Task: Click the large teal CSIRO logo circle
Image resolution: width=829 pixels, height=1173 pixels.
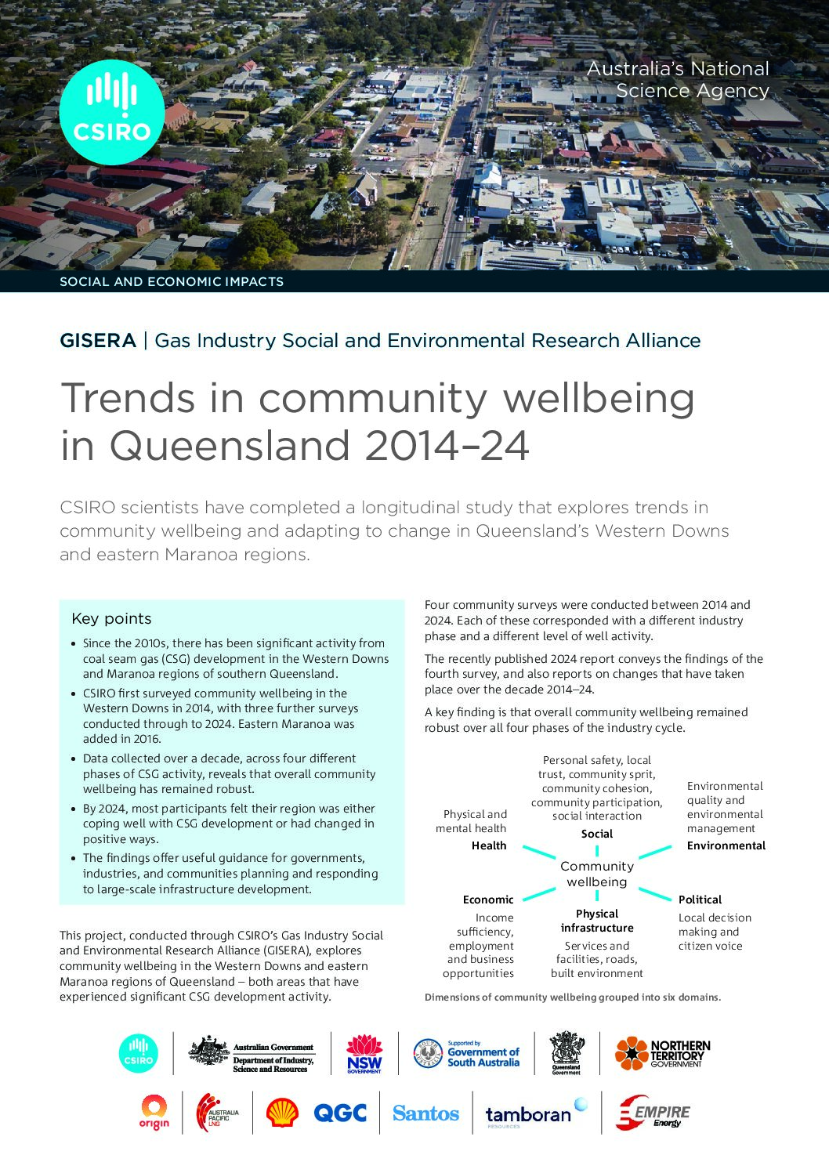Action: point(112,112)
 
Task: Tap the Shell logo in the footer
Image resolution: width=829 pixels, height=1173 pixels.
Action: point(282,1112)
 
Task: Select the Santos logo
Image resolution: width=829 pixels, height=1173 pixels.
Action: point(425,1113)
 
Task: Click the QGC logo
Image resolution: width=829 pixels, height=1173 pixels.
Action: point(339,1113)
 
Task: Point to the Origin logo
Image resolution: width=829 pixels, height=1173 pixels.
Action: point(154,1113)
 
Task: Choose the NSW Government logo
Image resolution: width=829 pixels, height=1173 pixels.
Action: point(364,1053)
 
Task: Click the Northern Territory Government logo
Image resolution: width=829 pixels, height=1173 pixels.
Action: point(662,1053)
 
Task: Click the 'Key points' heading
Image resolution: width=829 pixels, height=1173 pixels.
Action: point(111,618)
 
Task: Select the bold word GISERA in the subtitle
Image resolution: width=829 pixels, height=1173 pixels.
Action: point(98,341)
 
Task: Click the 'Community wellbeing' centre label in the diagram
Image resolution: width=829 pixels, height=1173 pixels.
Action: point(597,874)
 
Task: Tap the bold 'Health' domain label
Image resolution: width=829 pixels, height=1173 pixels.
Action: point(489,845)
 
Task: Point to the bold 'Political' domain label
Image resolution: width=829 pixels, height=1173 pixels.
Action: point(700,900)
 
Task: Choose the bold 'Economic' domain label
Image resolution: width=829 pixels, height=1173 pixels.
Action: point(488,900)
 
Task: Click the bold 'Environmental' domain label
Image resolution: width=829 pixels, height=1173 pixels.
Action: point(726,845)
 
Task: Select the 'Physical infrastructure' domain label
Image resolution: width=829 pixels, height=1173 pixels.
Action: point(597,921)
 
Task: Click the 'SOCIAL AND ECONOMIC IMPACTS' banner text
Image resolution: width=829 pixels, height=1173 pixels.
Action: point(172,281)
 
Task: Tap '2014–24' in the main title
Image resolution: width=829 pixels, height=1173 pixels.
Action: point(447,445)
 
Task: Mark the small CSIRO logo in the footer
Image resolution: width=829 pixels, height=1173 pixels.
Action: point(138,1053)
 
